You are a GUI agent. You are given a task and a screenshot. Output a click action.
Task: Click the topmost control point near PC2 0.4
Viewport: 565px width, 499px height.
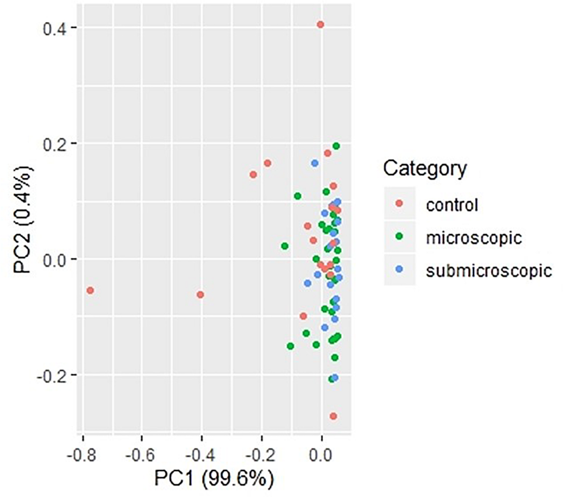point(320,25)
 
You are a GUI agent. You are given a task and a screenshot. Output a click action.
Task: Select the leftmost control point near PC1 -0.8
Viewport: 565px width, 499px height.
point(90,290)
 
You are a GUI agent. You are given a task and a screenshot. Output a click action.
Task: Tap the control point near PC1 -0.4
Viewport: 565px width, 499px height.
point(200,295)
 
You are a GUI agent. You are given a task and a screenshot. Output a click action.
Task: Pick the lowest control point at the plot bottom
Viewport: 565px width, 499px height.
point(333,424)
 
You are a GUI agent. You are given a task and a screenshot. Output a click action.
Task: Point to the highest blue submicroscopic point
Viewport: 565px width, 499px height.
point(315,163)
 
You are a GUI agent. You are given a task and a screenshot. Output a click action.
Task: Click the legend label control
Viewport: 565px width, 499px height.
point(452,205)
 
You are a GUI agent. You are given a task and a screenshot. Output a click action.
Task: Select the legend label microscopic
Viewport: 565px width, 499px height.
point(474,238)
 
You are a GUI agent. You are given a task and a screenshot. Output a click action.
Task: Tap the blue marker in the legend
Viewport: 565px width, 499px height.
point(399,268)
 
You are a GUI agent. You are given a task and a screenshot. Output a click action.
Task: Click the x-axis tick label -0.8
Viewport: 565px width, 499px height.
point(82,455)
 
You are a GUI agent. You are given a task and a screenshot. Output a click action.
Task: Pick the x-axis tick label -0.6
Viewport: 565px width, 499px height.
point(141,455)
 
